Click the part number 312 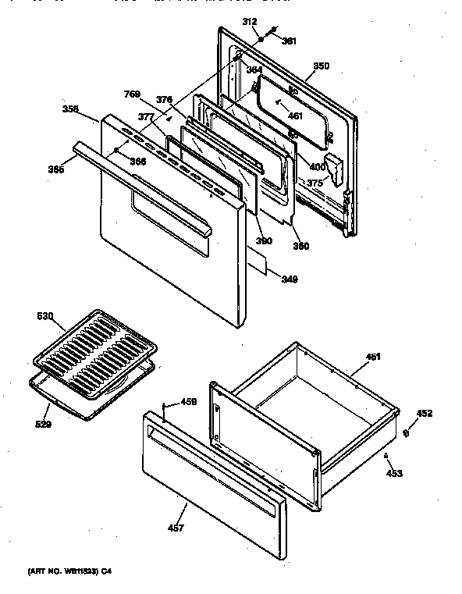250,22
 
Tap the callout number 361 289,41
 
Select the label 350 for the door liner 317,68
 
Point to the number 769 133,95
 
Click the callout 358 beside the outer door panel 71,109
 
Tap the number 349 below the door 289,279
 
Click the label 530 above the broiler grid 46,316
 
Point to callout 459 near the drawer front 188,403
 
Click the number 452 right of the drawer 424,414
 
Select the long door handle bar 140,187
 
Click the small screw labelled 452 407,432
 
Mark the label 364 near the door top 254,70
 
